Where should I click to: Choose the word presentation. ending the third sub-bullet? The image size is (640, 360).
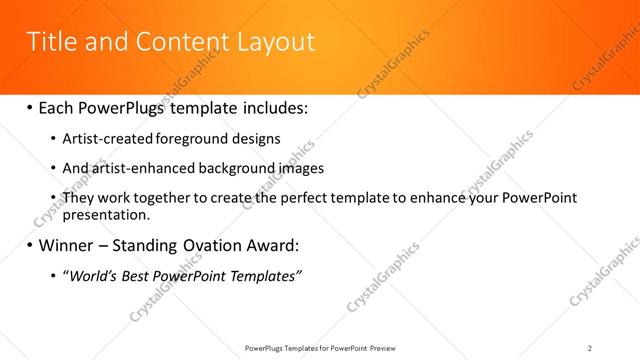pos(106,214)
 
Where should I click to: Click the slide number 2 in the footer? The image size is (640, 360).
pos(590,347)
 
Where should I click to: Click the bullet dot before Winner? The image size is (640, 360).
pos(29,245)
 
